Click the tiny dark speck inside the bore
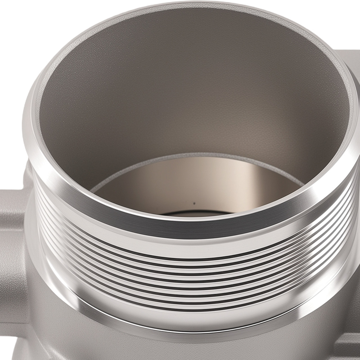click(x=194, y=203)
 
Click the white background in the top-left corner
click(x=14, y=14)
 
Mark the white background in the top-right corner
click(x=346, y=14)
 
